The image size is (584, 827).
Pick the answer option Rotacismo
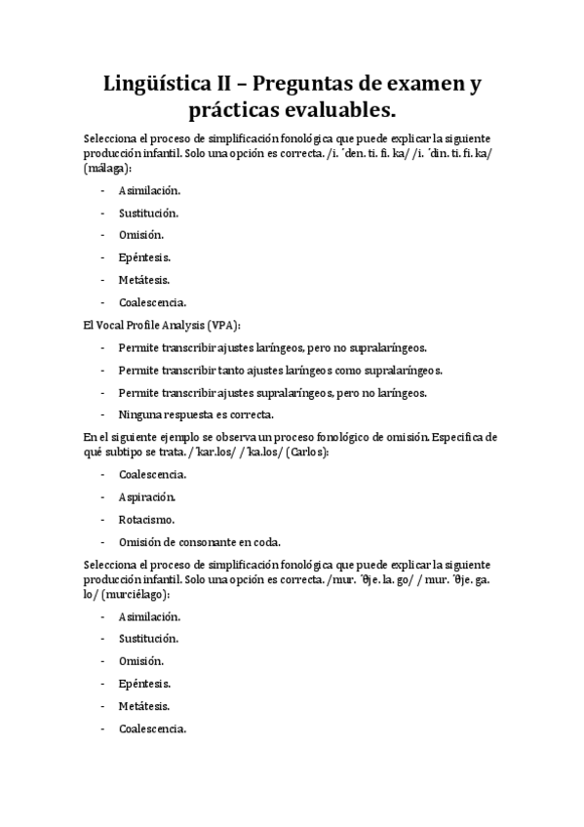(147, 520)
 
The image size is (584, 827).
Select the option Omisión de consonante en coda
(200, 542)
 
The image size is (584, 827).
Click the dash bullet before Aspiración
(103, 496)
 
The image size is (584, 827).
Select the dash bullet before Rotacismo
(103, 520)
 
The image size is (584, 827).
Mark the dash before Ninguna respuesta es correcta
(103, 414)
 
